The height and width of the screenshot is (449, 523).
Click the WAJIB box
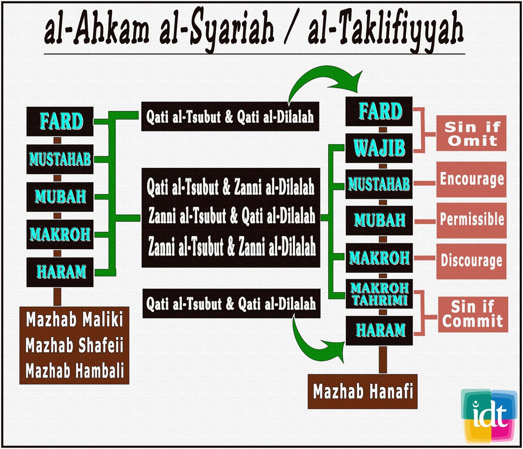tap(379, 148)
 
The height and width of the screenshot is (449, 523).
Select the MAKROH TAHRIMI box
tap(379, 294)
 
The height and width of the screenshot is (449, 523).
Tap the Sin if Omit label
tap(471, 133)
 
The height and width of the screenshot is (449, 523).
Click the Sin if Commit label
tap(473, 314)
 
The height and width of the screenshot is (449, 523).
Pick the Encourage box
tap(471, 179)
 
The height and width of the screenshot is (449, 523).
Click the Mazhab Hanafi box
tap(363, 391)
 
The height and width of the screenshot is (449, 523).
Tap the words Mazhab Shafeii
tap(75, 345)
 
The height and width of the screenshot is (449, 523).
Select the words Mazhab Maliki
tap(75, 319)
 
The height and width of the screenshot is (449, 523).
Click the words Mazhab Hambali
tap(75, 371)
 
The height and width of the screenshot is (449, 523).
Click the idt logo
tap(489, 415)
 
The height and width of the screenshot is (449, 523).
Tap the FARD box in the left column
tap(60, 121)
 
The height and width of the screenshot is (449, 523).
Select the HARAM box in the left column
tap(60, 272)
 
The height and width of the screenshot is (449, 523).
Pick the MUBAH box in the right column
tap(379, 220)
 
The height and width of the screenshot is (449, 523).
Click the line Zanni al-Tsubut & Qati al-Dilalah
tap(231, 216)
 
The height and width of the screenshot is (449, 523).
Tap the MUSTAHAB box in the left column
tap(60, 159)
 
